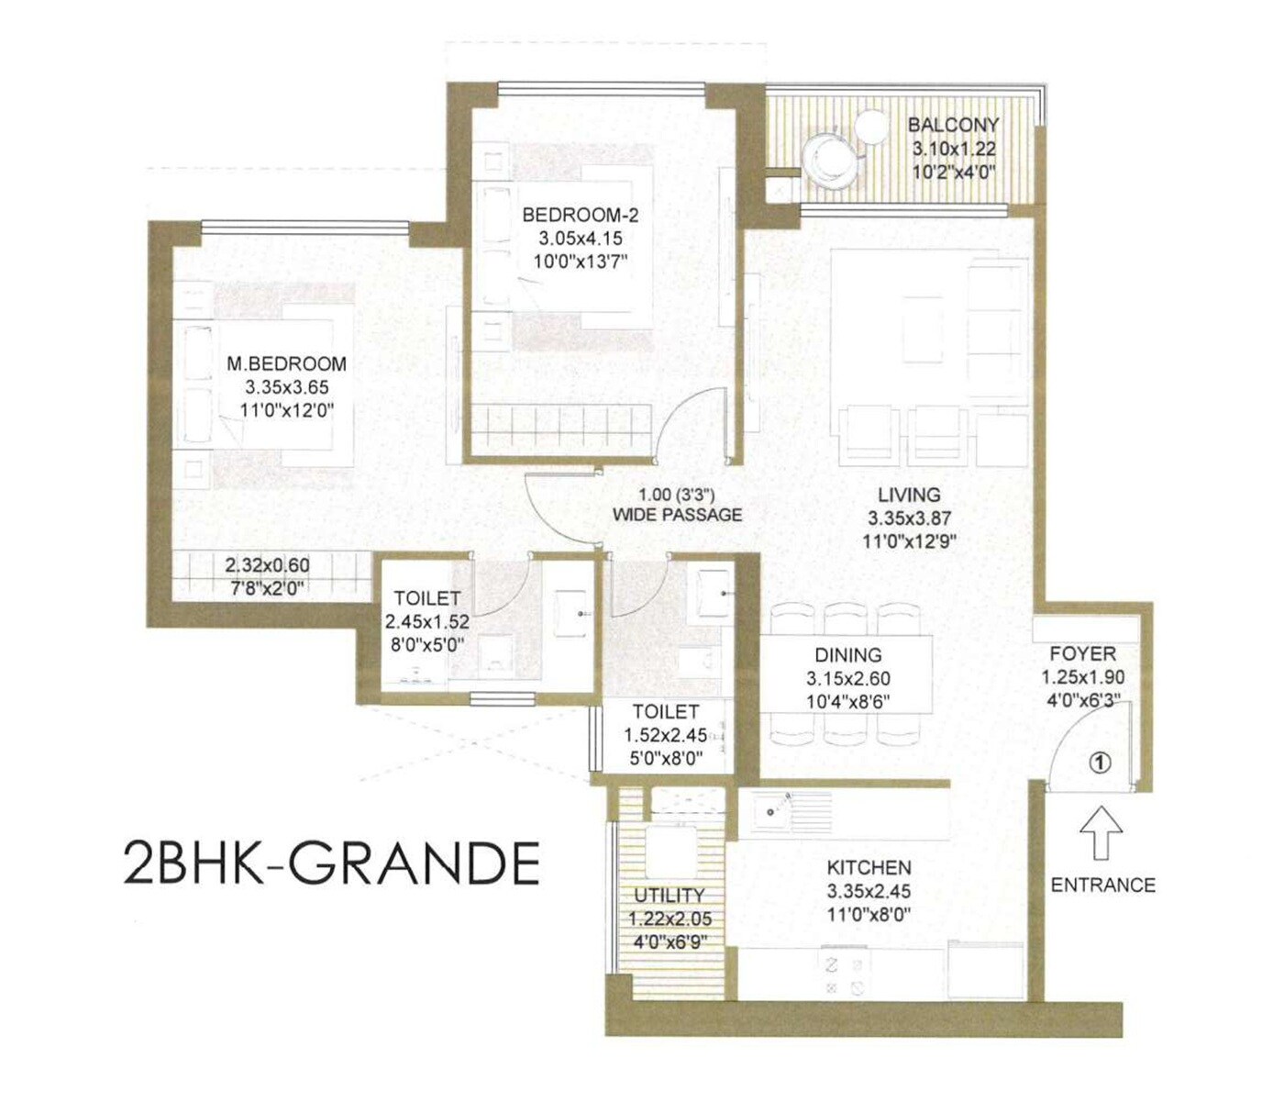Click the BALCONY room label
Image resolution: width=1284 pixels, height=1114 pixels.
tap(953, 125)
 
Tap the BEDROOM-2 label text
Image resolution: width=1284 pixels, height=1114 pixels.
tap(580, 216)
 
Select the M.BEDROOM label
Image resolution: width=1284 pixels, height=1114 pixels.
tap(286, 363)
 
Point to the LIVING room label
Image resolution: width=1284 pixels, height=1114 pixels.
tap(909, 495)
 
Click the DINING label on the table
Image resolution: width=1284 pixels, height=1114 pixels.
tap(848, 655)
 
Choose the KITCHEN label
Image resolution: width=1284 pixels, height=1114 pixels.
tap(869, 867)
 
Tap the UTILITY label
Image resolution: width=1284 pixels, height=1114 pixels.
tap(670, 895)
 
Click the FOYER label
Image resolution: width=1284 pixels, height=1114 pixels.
tap(1083, 653)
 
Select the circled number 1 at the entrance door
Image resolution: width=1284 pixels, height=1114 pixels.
tap(1101, 762)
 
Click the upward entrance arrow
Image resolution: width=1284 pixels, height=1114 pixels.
tap(1101, 831)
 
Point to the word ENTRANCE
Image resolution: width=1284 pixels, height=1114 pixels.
tap(1102, 886)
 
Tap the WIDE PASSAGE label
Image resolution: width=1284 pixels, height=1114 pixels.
tap(677, 516)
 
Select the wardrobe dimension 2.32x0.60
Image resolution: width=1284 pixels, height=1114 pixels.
tap(267, 566)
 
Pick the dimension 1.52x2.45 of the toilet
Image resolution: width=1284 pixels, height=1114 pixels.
tap(665, 735)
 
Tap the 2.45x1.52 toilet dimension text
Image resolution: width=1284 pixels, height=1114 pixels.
tap(426, 622)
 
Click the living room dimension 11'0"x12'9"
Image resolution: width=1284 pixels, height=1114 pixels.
tap(909, 541)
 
